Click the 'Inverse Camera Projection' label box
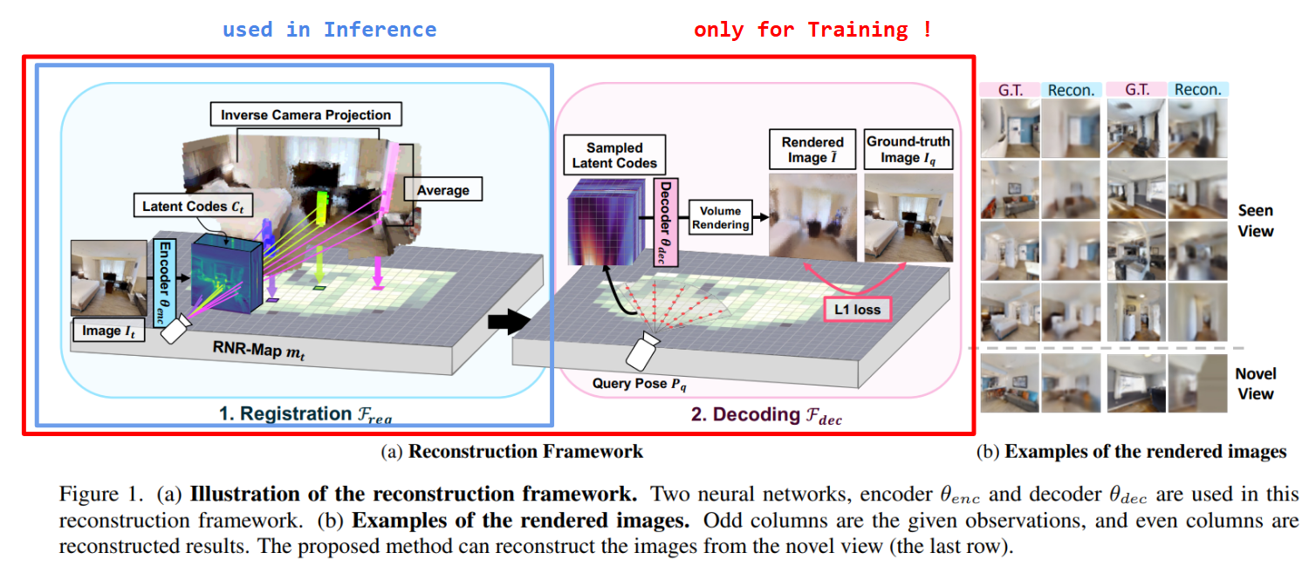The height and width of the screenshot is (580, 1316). click(x=305, y=114)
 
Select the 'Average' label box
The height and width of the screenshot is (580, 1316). click(x=442, y=190)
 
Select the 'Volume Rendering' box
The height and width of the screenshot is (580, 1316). click(x=721, y=217)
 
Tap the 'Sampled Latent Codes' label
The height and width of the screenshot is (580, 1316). click(x=614, y=155)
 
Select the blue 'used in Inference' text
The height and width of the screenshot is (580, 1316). click(x=329, y=30)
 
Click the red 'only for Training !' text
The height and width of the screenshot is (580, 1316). click(x=812, y=30)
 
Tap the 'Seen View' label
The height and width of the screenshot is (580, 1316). click(x=1255, y=221)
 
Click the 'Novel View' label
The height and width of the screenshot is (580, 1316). click(x=1255, y=384)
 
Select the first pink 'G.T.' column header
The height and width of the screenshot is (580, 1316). click(x=1009, y=90)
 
